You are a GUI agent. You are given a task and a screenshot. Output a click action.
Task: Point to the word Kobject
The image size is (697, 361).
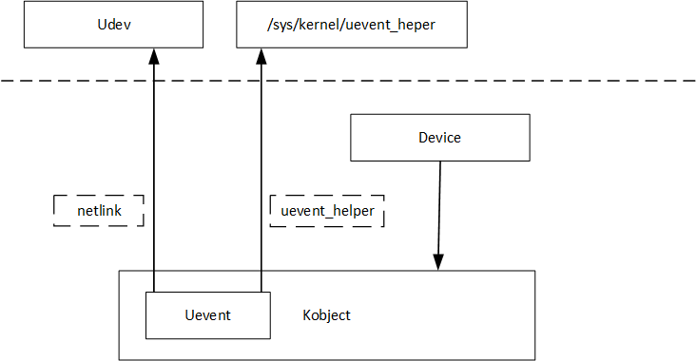326,315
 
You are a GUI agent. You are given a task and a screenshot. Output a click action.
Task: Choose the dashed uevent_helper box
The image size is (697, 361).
327,211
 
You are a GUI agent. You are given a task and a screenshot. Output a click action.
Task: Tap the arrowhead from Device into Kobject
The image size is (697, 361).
438,262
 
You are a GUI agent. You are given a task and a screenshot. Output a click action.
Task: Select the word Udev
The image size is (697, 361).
113,25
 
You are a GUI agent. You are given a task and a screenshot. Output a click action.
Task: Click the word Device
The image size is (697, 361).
439,138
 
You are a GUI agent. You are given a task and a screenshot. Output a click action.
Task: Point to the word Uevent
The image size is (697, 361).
206,315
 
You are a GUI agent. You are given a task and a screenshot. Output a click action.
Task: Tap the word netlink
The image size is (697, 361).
96,211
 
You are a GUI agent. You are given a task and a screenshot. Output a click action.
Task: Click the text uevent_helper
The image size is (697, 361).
327,211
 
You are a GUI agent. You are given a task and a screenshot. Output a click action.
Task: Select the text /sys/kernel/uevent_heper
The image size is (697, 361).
351,25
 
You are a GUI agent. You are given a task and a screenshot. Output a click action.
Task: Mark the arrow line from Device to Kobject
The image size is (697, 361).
438,209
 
